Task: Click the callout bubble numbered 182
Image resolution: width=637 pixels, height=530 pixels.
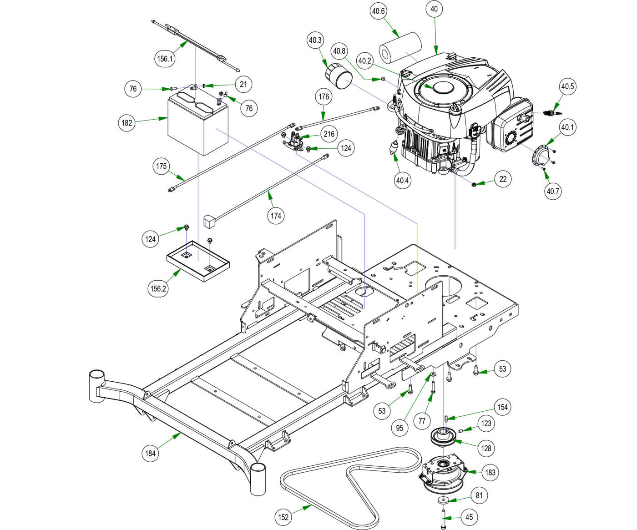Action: coord(127,123)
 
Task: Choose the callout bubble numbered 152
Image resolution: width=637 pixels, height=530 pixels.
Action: coord(283,517)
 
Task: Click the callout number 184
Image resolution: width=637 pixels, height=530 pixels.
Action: coord(150,453)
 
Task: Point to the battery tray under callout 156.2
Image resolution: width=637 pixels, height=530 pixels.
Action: coord(198,260)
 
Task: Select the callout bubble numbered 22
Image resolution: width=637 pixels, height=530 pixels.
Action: coord(503,179)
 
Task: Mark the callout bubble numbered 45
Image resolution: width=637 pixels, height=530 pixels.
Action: coord(469,517)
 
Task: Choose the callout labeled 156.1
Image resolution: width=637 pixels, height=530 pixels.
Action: coord(165,59)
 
